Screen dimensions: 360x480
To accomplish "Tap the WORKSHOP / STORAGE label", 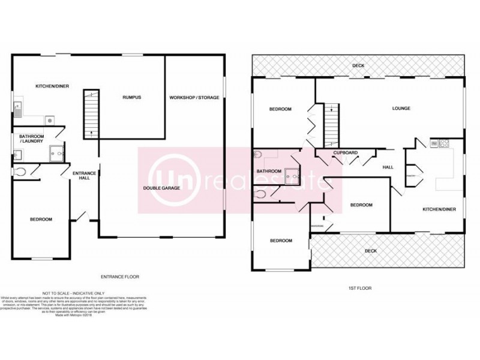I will tap(194, 97).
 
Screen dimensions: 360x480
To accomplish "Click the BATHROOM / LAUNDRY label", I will tap(34, 139).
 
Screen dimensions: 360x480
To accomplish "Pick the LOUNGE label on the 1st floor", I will tap(401, 109).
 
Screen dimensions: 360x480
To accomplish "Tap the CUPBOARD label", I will tap(346, 153).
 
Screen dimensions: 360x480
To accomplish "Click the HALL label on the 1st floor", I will tap(388, 167).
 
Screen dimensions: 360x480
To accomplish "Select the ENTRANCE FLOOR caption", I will tap(120, 277).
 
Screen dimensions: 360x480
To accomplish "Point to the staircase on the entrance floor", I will tap(91, 114).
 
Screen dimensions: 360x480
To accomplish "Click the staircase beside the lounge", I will tap(331, 125).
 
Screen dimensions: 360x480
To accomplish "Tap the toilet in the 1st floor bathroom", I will tap(260, 194).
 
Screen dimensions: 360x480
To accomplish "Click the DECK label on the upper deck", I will tap(358, 65).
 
